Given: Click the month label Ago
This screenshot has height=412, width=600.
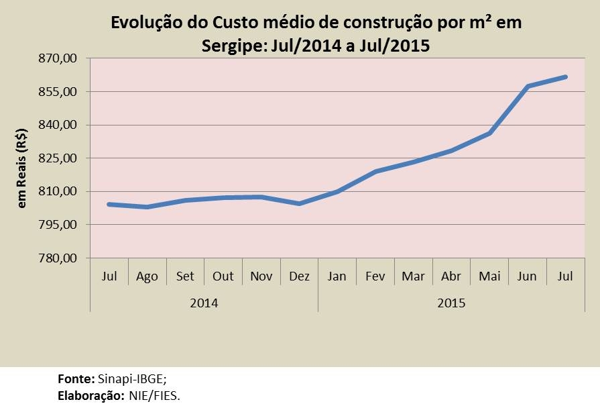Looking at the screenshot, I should coord(147,276).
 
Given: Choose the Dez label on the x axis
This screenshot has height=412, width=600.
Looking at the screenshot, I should coord(299,276).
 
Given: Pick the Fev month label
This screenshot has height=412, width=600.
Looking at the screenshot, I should coord(375,276).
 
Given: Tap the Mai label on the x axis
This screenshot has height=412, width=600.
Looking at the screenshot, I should coord(489,276).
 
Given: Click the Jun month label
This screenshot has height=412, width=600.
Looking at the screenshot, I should coord(528,276).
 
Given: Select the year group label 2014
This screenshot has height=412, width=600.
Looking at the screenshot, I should coord(204,303).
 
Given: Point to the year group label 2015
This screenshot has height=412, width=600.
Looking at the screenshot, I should coord(451,303).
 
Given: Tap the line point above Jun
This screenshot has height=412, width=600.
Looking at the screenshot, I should coord(528,87).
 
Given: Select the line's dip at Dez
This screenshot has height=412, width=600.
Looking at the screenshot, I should coord(299,203).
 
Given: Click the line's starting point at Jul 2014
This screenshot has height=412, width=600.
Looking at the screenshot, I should coord(109,204).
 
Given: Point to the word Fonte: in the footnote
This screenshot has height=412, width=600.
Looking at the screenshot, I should coord(76,379).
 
